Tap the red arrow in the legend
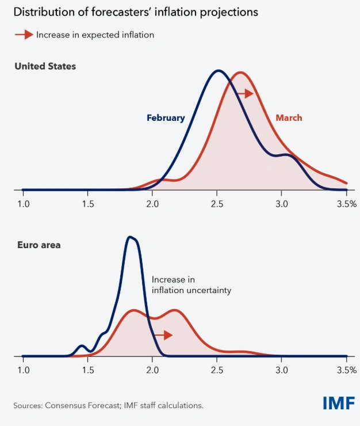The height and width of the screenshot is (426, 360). (x=24, y=35)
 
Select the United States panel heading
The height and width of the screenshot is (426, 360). (x=45, y=66)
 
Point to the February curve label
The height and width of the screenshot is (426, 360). (x=166, y=118)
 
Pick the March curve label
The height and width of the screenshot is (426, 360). (x=289, y=118)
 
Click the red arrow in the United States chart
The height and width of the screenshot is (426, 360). (x=244, y=93)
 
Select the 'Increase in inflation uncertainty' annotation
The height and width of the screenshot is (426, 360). (x=191, y=285)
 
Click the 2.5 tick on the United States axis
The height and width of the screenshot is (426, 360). (x=217, y=204)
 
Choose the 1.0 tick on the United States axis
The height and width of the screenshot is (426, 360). (x=23, y=204)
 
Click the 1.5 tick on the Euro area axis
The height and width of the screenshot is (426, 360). (x=88, y=371)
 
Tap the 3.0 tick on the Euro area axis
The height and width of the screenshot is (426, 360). (x=281, y=371)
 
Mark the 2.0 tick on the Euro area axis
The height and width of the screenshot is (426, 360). (x=152, y=371)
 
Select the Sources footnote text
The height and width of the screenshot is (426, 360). (x=108, y=405)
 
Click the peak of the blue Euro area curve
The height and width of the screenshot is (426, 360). (x=131, y=237)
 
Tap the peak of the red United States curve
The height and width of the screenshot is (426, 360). (x=241, y=73)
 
